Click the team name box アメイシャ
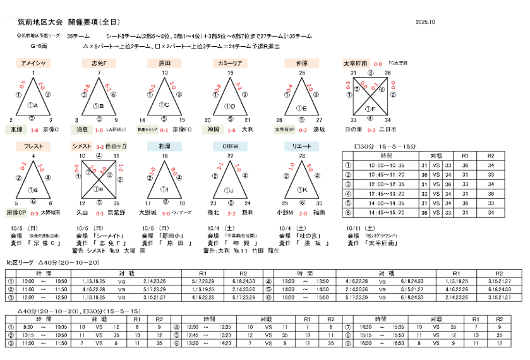click(x=33, y=64)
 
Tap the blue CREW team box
click(x=230, y=146)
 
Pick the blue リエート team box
click(x=302, y=146)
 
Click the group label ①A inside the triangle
click(x=33, y=105)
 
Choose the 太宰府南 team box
click(x=356, y=64)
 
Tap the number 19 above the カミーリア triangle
click(x=231, y=73)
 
